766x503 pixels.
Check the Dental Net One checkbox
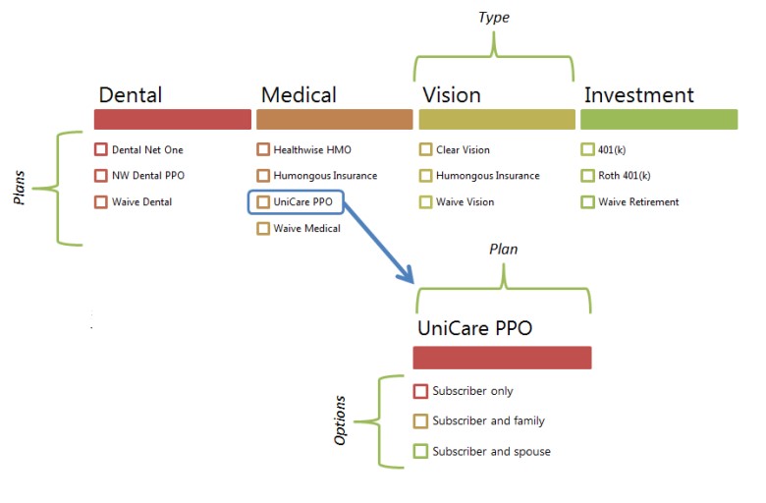coord(100,149)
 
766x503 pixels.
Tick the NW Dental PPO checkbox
coord(100,175)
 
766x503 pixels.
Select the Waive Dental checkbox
coord(100,201)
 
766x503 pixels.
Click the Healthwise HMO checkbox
coord(263,149)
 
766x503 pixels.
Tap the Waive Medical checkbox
coord(263,228)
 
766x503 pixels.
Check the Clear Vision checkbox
coord(425,149)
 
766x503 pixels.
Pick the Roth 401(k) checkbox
coord(587,175)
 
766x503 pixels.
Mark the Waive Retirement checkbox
coord(587,201)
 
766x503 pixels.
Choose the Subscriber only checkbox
coord(420,391)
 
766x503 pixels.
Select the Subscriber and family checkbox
coord(420,420)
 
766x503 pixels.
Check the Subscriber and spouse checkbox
coord(420,451)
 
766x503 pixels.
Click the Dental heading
coord(131,95)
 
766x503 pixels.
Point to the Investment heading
coord(639,95)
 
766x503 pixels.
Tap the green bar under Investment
coord(659,119)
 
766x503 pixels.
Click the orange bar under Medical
coord(335,119)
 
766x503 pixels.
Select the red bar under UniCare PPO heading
coord(502,358)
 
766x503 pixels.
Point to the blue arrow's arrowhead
coord(408,276)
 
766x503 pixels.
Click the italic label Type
coord(494,18)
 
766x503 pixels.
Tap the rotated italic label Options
coord(340,420)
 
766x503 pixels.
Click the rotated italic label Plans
coord(19,188)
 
